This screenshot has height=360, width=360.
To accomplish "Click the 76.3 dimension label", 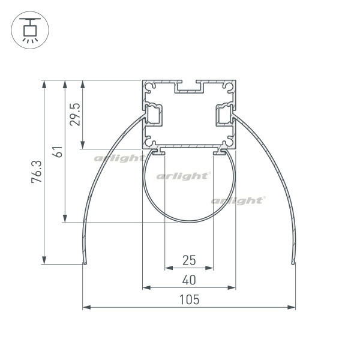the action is pyautogui.click(x=37, y=172).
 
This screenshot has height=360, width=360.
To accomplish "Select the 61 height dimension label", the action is pyautogui.click(x=58, y=152).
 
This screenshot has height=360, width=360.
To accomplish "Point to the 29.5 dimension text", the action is pyautogui.click(x=75, y=115).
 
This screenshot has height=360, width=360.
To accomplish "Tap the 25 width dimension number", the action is pyautogui.click(x=189, y=260).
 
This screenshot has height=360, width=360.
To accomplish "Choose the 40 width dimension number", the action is pyautogui.click(x=189, y=280).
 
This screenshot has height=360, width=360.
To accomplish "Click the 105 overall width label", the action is pyautogui.click(x=189, y=300).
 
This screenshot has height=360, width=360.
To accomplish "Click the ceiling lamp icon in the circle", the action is pyautogui.click(x=30, y=30).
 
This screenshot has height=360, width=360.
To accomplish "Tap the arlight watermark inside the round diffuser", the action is pyautogui.click(x=183, y=176).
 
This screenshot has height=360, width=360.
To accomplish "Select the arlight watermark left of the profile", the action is pyautogui.click(x=119, y=158).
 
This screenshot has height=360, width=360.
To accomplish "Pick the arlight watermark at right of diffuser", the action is pyautogui.click(x=238, y=200).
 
